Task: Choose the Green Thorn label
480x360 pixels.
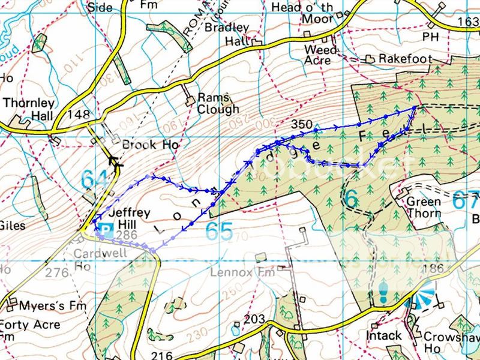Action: [x=424, y=207]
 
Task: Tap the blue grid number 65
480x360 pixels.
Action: [x=218, y=232]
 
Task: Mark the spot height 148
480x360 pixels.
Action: [x=78, y=113]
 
